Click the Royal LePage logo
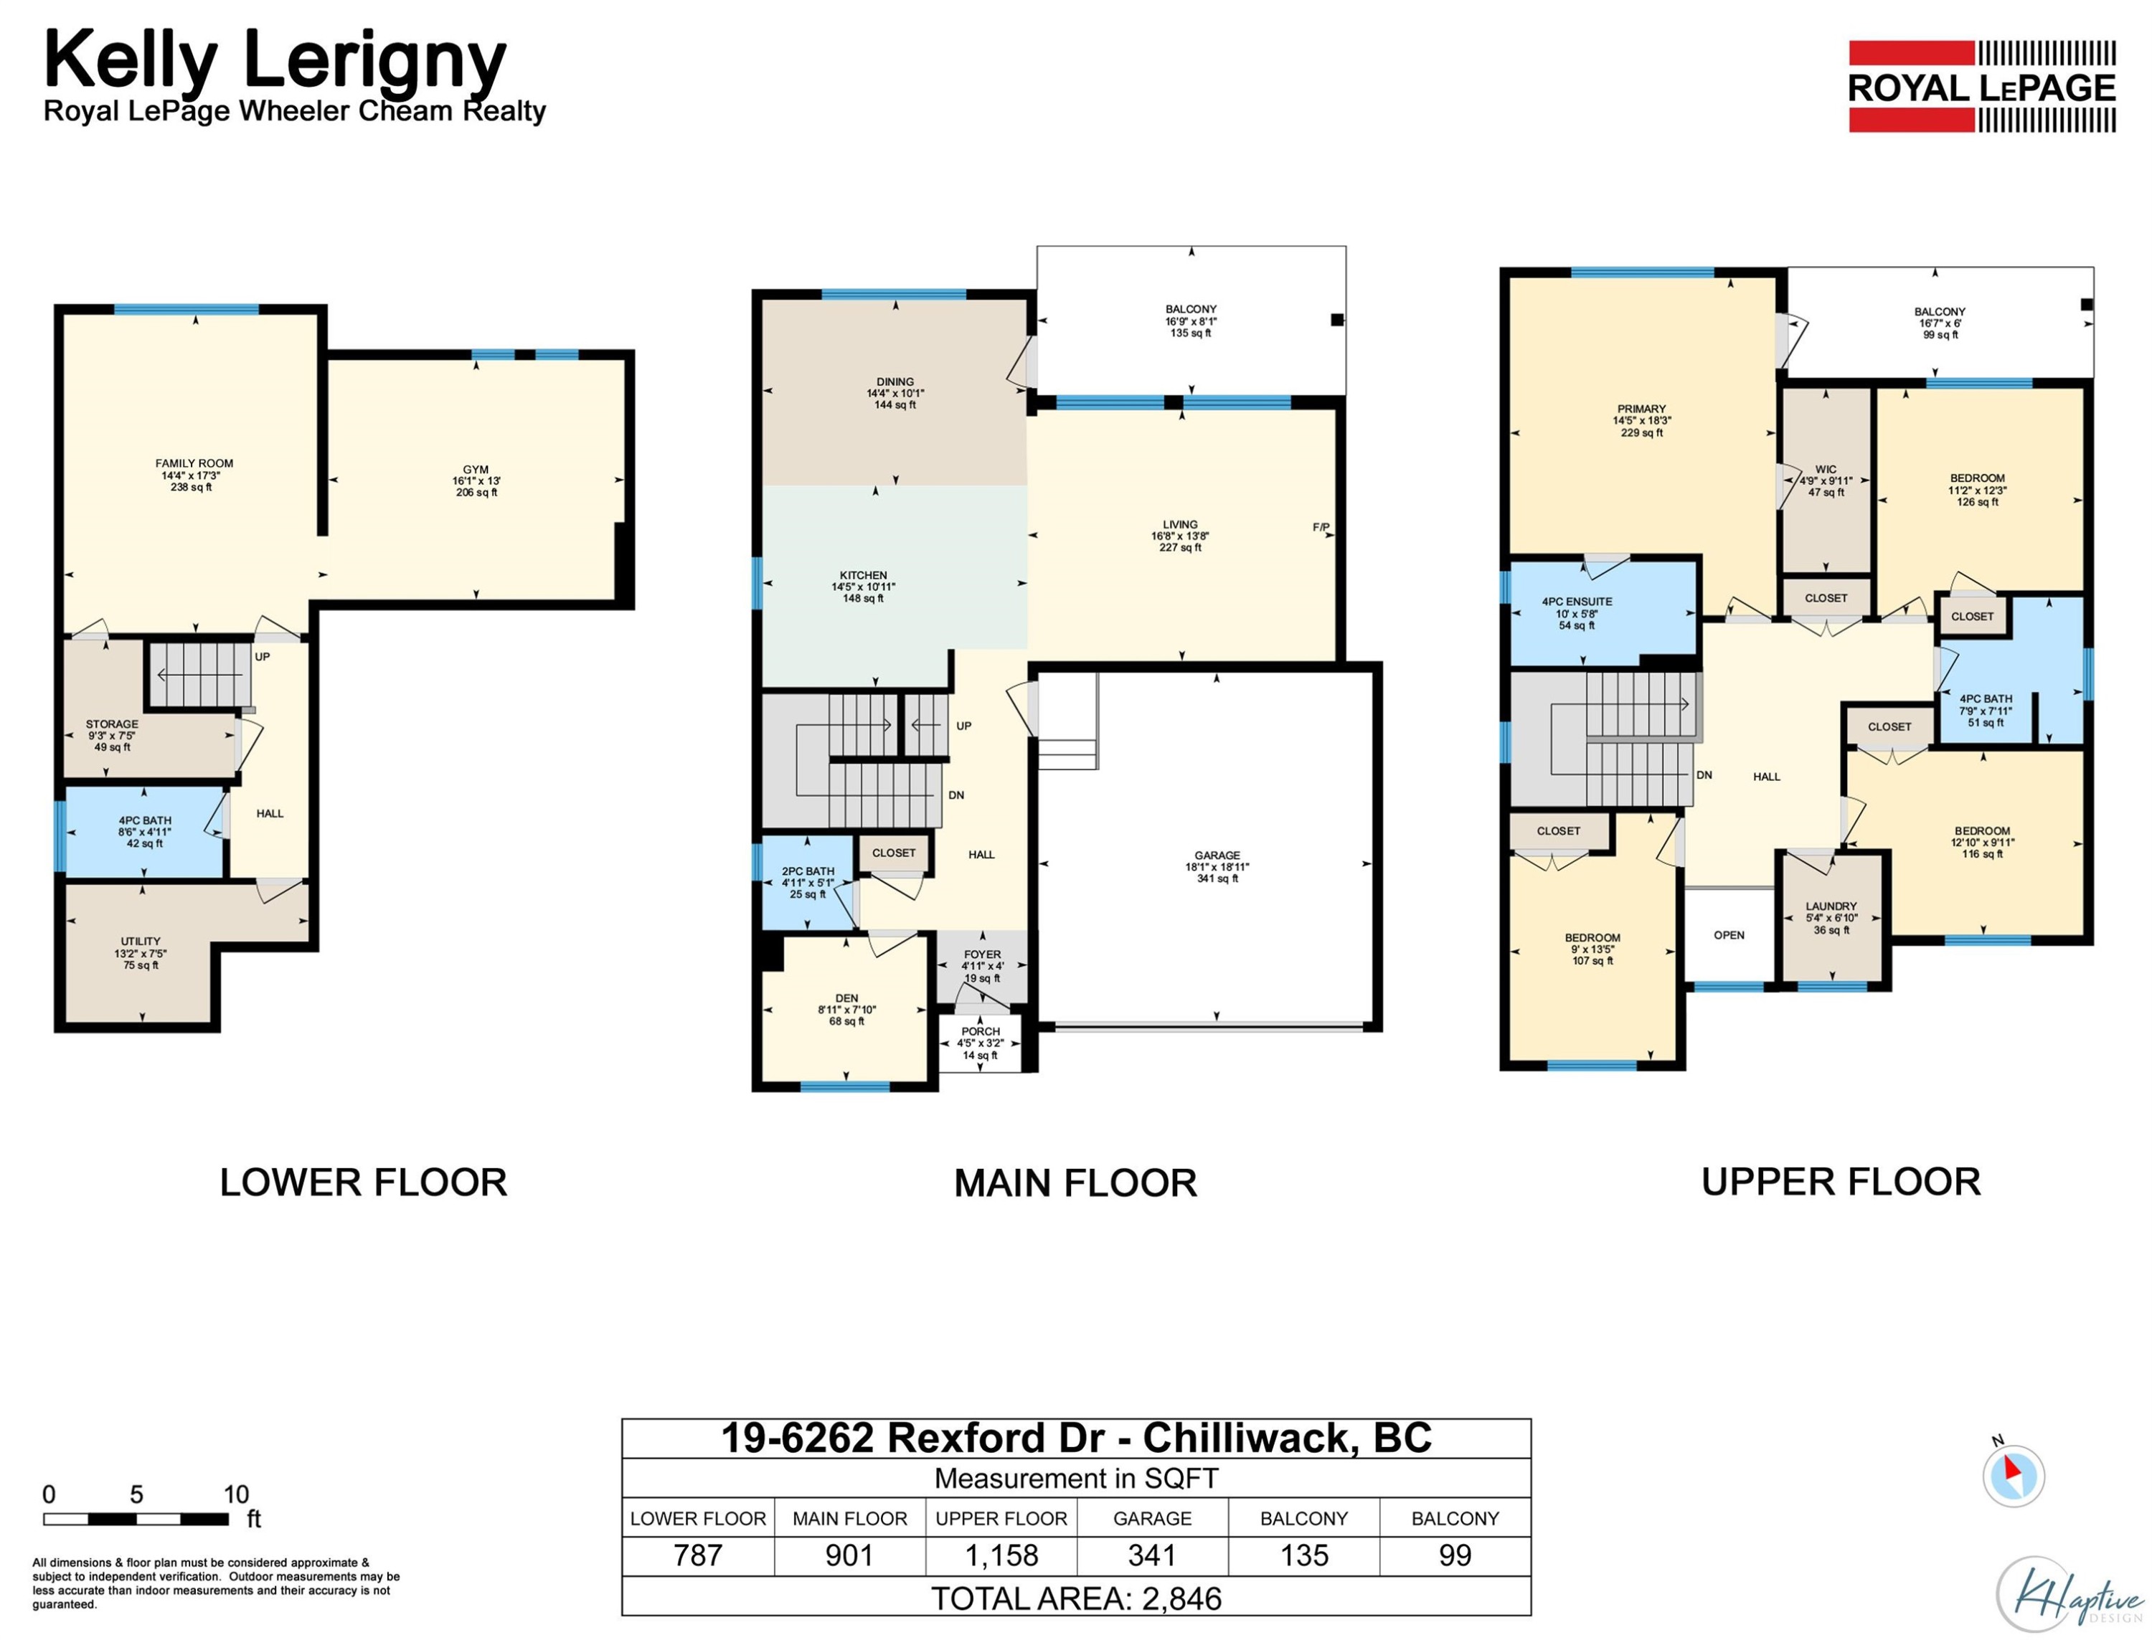1981,86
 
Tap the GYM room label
476,470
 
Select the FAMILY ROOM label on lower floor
194,464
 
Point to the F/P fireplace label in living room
1320,527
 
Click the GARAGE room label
1217,855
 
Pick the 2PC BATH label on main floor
808,871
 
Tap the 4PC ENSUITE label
1577,602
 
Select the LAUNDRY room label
1831,906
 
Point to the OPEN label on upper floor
1728,935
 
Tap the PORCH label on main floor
981,1031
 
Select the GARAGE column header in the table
1152,1518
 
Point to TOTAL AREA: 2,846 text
1076,1598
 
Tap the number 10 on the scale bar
236,1494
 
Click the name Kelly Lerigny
275,60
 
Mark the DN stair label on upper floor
1704,775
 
